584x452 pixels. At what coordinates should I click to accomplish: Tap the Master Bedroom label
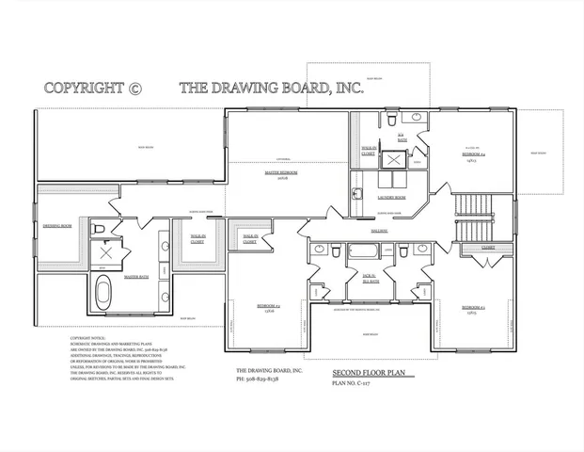[281, 174]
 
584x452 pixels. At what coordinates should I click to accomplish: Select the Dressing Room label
[57, 226]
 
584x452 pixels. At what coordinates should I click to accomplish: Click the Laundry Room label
[392, 198]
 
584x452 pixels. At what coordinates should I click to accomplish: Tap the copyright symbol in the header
[134, 89]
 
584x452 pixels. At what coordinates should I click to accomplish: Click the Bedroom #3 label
[473, 308]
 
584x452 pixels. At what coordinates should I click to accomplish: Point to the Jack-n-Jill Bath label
[371, 278]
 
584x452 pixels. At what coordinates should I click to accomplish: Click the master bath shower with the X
[106, 252]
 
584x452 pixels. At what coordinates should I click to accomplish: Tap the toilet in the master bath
[98, 229]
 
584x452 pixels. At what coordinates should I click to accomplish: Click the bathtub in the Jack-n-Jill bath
[363, 250]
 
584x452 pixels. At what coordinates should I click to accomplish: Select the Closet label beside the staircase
[488, 249]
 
